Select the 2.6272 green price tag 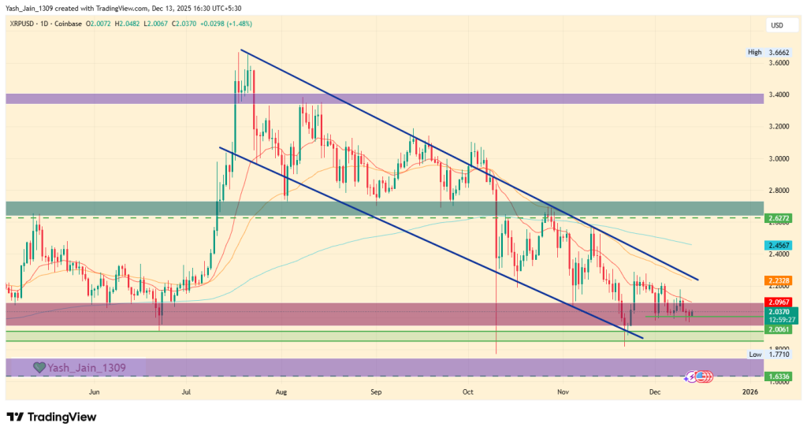(x=778, y=217)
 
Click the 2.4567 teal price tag (x=778, y=246)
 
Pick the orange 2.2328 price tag (x=778, y=280)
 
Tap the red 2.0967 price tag (x=778, y=302)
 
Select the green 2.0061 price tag (x=778, y=329)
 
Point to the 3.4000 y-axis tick (x=778, y=95)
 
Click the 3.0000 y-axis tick (x=778, y=158)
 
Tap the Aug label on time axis (x=281, y=391)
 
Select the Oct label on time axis (x=467, y=391)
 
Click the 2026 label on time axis (x=750, y=391)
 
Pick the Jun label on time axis (x=95, y=391)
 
